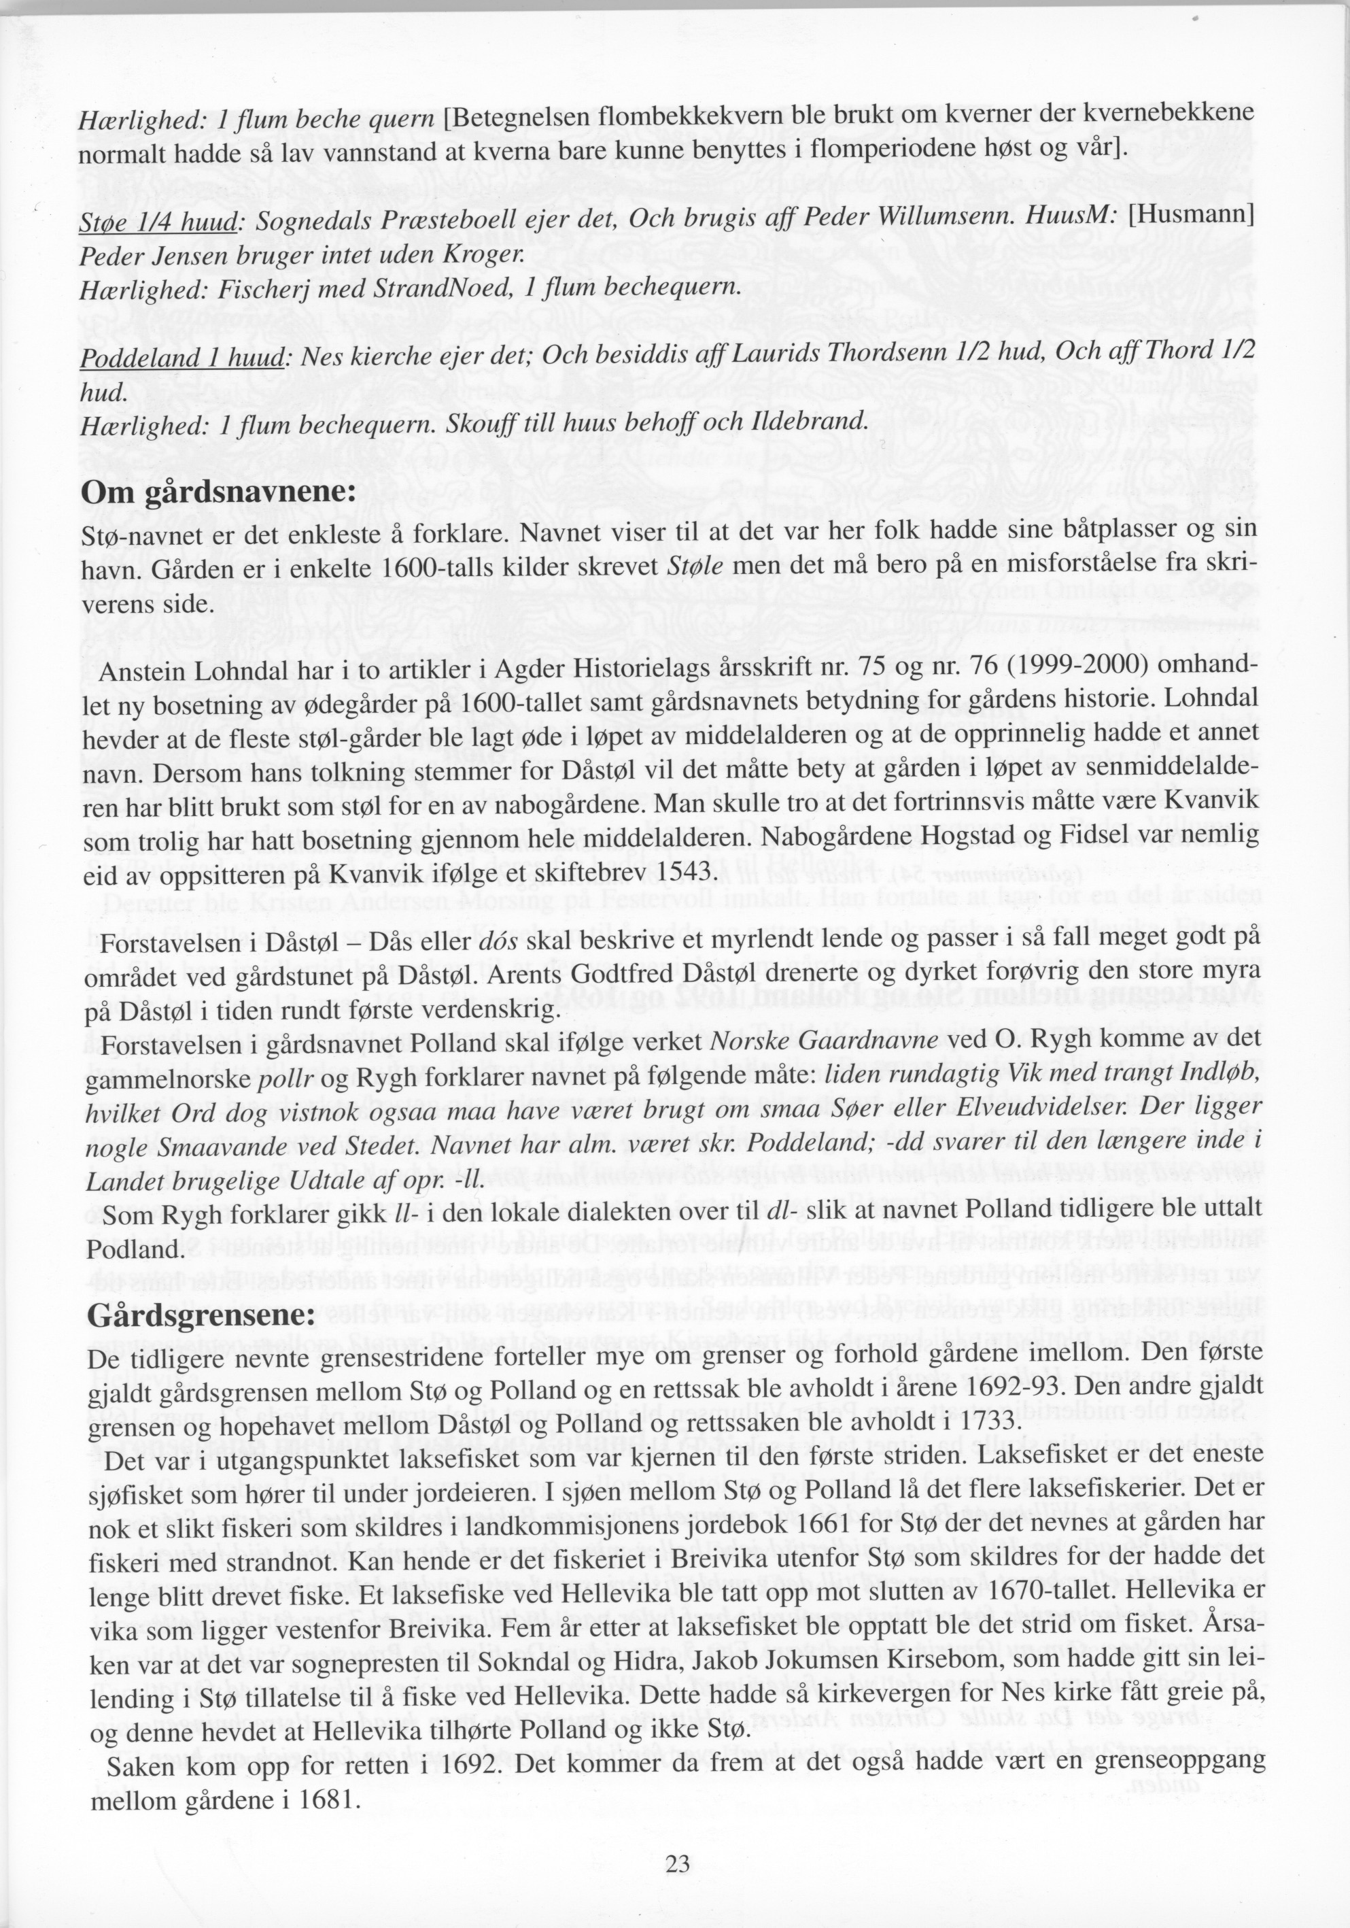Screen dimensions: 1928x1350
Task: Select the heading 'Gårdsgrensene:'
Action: (201, 1314)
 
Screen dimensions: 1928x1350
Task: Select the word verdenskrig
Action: (496, 1009)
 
